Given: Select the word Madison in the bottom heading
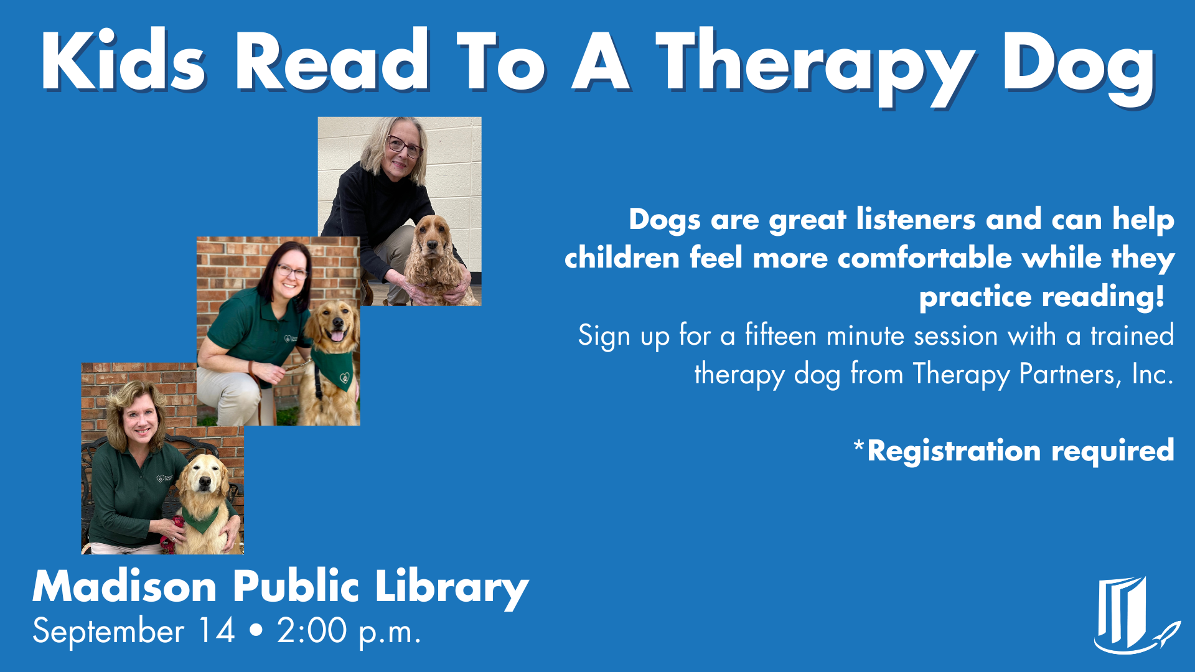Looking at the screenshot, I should (x=124, y=587).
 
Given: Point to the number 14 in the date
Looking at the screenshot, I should (x=216, y=631).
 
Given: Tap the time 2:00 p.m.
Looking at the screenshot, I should (x=349, y=631).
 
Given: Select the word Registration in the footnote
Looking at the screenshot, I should (x=954, y=450).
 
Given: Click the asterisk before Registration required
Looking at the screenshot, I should (x=859, y=446).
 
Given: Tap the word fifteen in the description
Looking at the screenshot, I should (x=780, y=336).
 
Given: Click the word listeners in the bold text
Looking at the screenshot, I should (x=916, y=220).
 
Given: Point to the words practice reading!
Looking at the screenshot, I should (x=1041, y=297).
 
